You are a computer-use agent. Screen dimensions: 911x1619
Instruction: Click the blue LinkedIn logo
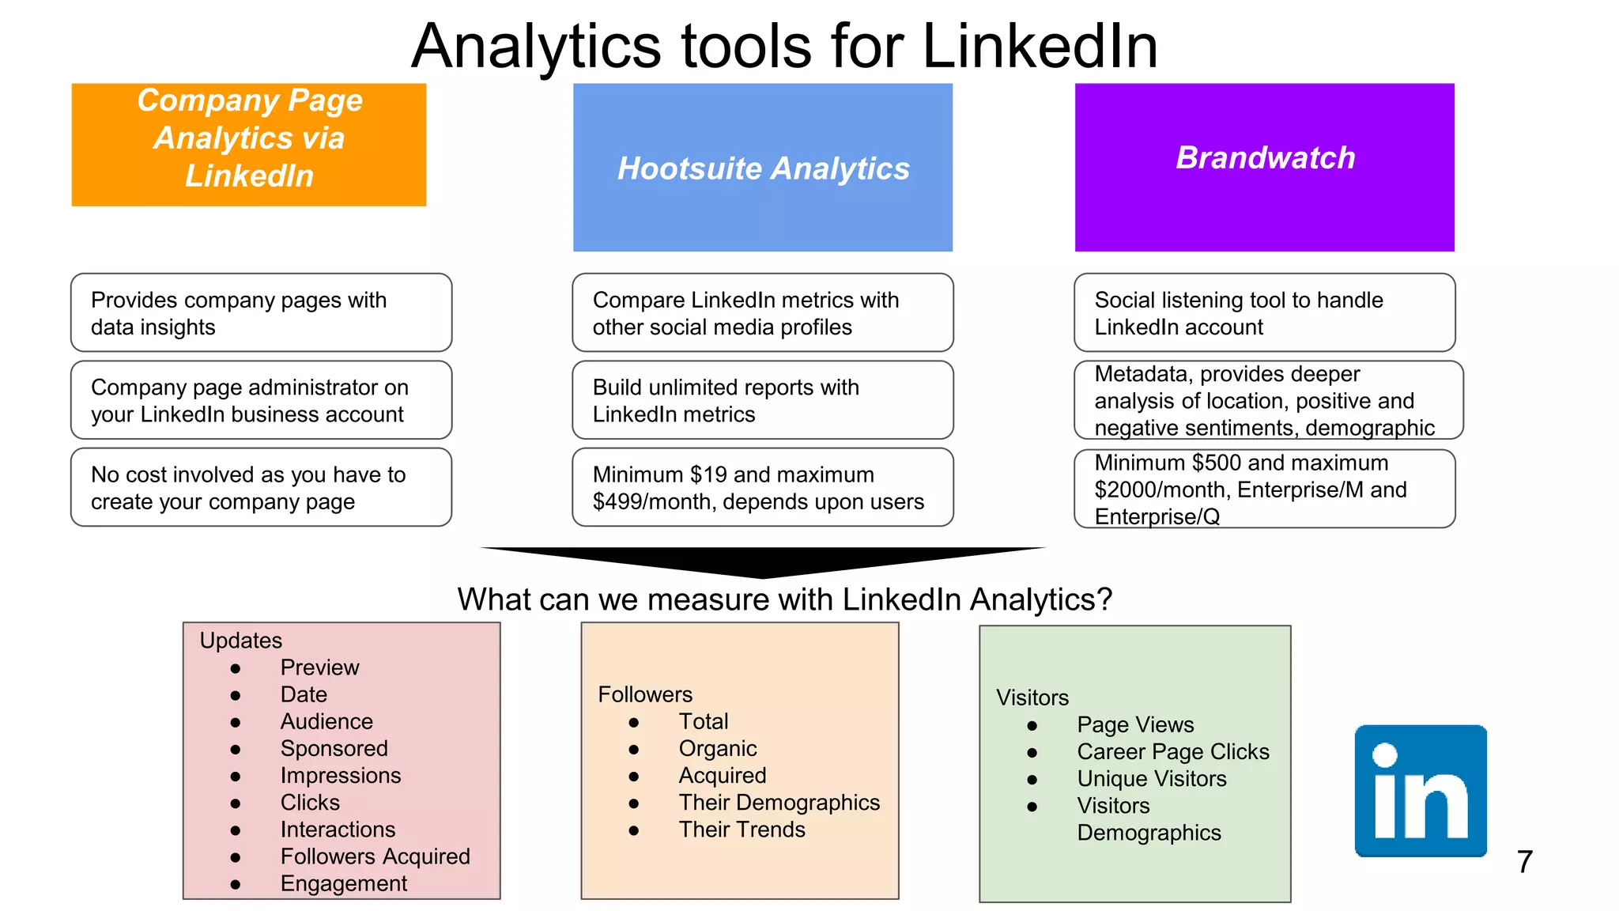pyautogui.click(x=1421, y=791)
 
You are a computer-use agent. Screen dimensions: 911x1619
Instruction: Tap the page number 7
pyautogui.click(x=1524, y=862)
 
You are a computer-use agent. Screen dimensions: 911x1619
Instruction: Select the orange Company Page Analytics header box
pyautogui.click(x=249, y=145)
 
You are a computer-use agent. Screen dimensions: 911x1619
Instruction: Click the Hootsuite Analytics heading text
pyautogui.click(x=763, y=168)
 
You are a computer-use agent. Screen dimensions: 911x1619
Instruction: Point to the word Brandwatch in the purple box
pyautogui.click(x=1265, y=157)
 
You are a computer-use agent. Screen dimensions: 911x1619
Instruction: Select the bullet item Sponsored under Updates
pyautogui.click(x=334, y=748)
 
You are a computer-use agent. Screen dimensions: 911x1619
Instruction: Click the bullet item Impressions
pyautogui.click(x=340, y=775)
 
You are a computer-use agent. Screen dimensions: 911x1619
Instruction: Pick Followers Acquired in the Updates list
pyautogui.click(x=375, y=856)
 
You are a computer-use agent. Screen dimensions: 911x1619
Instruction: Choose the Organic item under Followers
pyautogui.click(x=717, y=748)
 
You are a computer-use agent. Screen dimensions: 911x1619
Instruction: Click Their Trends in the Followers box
pyautogui.click(x=742, y=830)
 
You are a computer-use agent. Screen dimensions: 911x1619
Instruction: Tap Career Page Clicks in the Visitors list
pyautogui.click(x=1172, y=751)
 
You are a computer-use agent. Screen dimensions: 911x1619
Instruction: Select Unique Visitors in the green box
pyautogui.click(x=1151, y=778)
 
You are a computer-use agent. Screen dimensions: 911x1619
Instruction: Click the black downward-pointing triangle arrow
pyautogui.click(x=763, y=561)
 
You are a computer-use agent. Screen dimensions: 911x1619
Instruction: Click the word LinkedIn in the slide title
pyautogui.click(x=1040, y=46)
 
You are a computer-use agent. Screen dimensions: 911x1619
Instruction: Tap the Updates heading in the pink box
pyautogui.click(x=240, y=641)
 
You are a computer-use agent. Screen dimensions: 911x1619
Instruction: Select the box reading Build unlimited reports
pyautogui.click(x=762, y=400)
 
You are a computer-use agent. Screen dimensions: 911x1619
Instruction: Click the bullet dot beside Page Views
pyautogui.click(x=1032, y=725)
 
